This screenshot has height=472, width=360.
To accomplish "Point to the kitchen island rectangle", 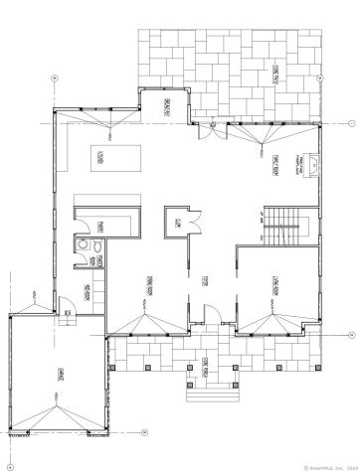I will [x=100, y=156].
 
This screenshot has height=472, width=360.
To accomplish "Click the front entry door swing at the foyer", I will [x=207, y=319].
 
